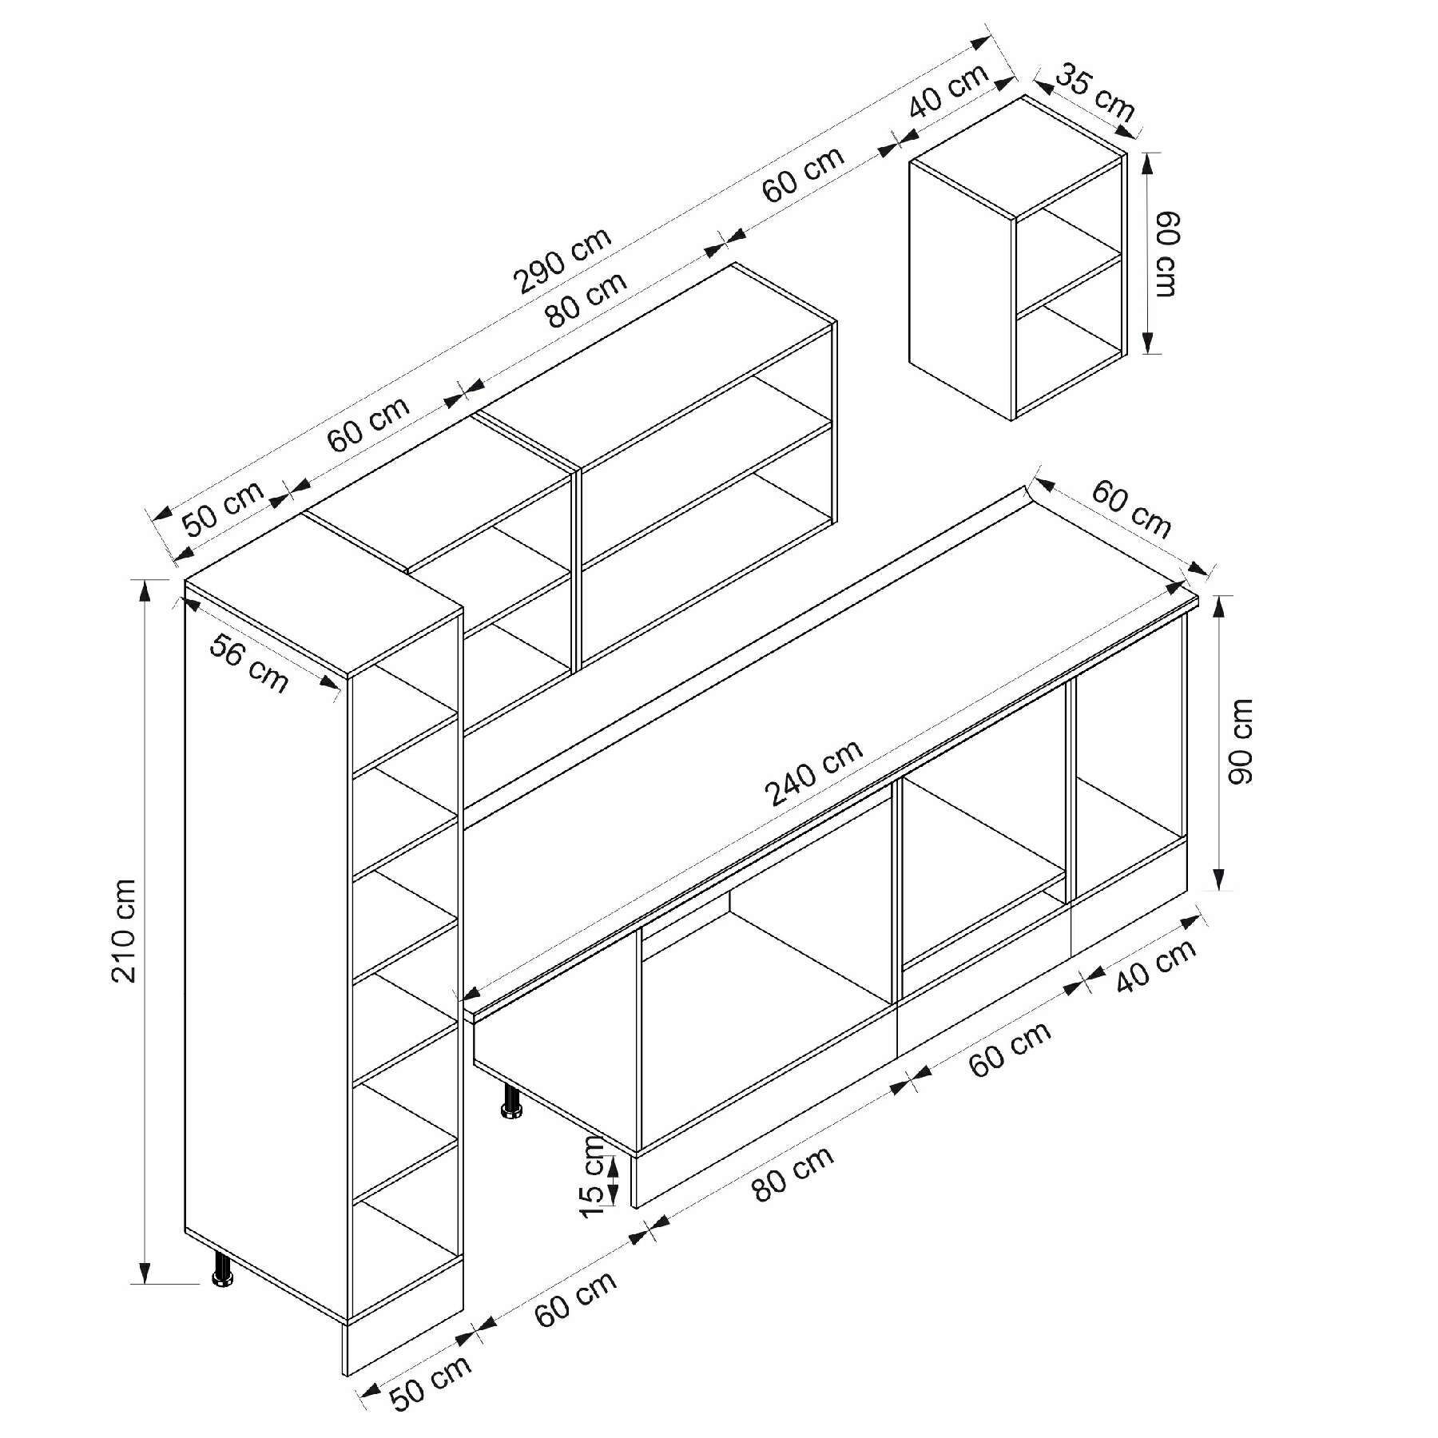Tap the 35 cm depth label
click(x=1095, y=94)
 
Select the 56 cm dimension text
click(x=248, y=663)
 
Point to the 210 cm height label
click(x=125, y=931)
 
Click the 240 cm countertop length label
click(x=814, y=773)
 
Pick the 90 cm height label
click(x=1238, y=741)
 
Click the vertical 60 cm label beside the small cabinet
click(x=1166, y=253)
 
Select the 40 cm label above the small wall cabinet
click(x=948, y=89)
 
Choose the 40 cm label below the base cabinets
click(x=1156, y=965)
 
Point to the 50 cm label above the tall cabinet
click(x=223, y=509)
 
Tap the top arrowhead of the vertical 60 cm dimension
click(x=1149, y=163)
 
